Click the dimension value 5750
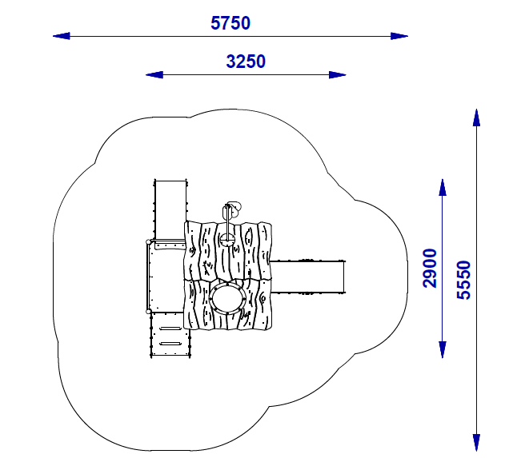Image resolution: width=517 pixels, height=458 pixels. coord(230,23)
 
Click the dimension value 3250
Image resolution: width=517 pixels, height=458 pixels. coord(246,62)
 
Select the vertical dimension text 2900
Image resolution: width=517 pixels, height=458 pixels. coord(430,269)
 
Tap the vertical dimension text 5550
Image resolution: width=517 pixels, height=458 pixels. coord(463,280)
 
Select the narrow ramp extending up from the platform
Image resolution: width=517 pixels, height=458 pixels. coord(170,209)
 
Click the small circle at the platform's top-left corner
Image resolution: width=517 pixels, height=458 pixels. coord(147,241)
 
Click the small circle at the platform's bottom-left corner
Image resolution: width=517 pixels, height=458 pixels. coord(148,311)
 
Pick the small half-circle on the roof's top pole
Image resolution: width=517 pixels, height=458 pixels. coord(232,207)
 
